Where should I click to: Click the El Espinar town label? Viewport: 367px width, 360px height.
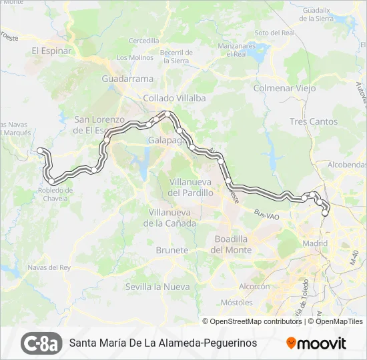51,50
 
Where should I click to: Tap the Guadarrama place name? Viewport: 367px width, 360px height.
127,78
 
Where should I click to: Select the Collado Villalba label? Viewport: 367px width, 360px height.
174,97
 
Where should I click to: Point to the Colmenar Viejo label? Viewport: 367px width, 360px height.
284,87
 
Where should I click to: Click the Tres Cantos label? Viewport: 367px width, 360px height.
314,121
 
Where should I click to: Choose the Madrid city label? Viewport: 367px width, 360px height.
315,243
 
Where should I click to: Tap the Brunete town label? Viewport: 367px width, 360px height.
171,250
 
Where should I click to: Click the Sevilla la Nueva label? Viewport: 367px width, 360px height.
157,287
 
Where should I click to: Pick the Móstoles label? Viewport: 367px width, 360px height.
236,302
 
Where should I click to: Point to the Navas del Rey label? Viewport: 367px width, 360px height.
49,267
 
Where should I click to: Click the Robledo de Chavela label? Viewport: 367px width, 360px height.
55,194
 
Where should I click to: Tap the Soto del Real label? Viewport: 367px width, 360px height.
274,32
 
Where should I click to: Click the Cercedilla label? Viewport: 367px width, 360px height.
144,41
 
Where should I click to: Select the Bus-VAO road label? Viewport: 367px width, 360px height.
265,215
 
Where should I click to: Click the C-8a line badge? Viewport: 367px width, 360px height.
41,343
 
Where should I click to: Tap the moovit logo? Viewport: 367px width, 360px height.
316,343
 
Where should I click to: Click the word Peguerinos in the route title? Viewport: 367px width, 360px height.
225,343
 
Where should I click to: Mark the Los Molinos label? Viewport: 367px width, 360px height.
135,57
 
